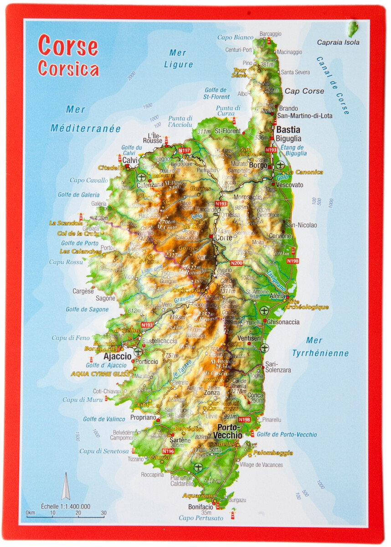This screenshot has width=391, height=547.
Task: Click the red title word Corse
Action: click(x=68, y=46)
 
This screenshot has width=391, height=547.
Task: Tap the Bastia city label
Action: click(x=288, y=130)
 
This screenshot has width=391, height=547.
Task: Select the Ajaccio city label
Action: click(x=117, y=356)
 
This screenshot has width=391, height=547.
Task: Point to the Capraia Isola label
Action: click(x=338, y=42)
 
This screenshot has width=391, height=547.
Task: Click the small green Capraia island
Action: click(x=352, y=29)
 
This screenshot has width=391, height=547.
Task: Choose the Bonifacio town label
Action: click(x=201, y=506)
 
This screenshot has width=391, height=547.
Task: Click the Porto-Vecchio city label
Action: click(x=230, y=431)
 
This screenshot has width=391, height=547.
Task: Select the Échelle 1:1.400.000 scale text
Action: click(x=66, y=506)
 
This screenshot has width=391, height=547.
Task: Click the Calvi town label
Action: click(x=130, y=160)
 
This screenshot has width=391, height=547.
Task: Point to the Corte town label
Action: click(x=224, y=237)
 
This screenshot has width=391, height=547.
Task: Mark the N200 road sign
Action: click(x=237, y=263)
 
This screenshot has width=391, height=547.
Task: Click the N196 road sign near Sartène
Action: click(x=168, y=451)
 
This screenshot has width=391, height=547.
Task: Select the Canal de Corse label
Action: click(x=333, y=86)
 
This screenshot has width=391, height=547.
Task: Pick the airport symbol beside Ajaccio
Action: click(x=138, y=352)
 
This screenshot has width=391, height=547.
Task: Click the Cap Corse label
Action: click(x=304, y=91)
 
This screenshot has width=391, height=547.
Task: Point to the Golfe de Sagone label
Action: click(x=87, y=309)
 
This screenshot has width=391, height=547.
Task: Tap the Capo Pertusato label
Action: click(x=201, y=518)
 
